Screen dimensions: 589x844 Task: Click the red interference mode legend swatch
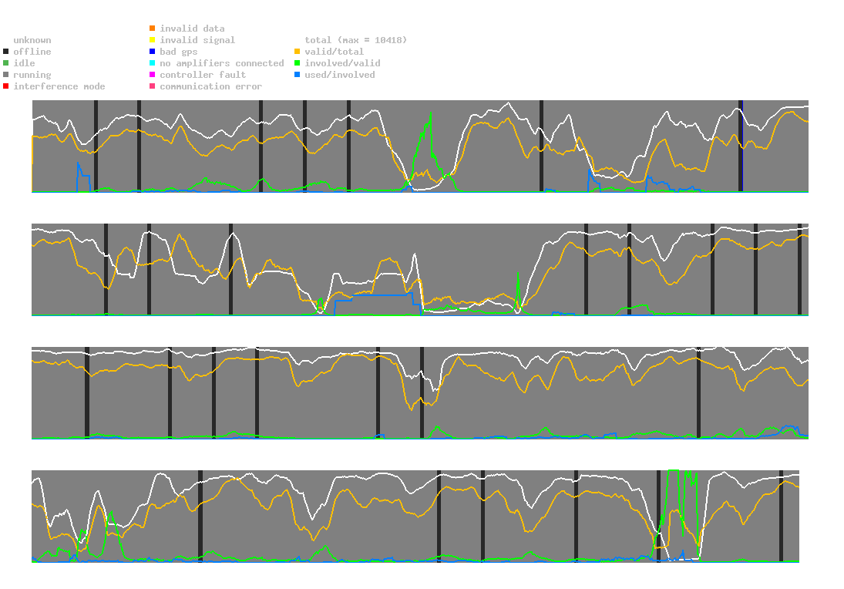(6, 86)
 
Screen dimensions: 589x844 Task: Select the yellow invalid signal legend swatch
(153, 40)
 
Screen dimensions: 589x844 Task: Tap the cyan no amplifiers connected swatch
(153, 63)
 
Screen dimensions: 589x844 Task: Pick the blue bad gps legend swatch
(153, 52)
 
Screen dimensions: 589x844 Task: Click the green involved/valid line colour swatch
(298, 63)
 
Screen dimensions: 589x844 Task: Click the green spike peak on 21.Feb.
(430, 113)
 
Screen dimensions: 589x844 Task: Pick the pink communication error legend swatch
(153, 86)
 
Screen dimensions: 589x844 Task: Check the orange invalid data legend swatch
(153, 29)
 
